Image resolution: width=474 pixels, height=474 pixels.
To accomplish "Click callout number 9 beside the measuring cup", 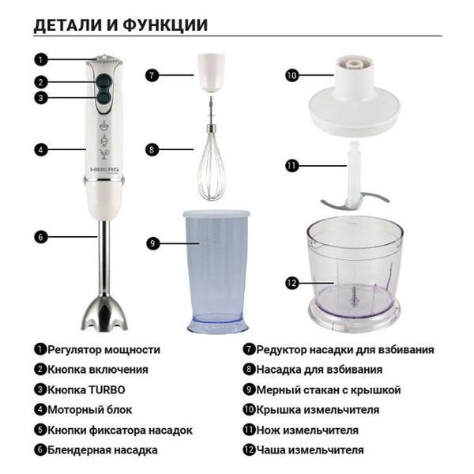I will tap(152, 243).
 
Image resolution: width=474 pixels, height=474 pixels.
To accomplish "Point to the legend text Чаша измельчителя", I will tap(309, 450).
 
